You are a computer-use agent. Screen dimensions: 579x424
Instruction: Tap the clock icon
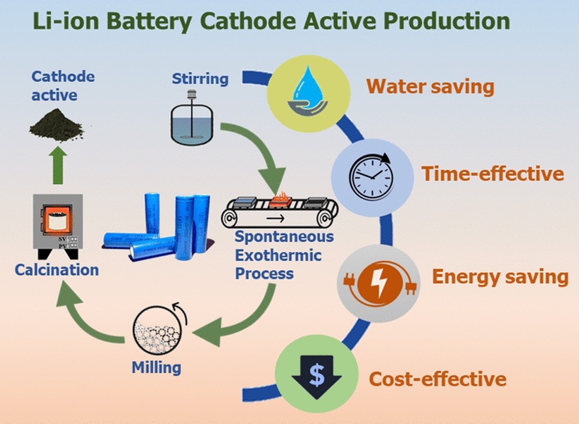pyautogui.click(x=372, y=175)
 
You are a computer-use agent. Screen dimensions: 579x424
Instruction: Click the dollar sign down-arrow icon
pyautogui.click(x=316, y=376)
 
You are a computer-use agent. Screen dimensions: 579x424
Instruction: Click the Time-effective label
pyautogui.click(x=492, y=174)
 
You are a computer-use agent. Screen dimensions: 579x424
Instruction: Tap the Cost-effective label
pyautogui.click(x=438, y=379)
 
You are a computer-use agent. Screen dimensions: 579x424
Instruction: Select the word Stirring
pyautogui.click(x=200, y=78)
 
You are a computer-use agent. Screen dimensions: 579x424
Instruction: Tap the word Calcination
pyautogui.click(x=57, y=269)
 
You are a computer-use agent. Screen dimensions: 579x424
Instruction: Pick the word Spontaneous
pyautogui.click(x=284, y=237)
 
